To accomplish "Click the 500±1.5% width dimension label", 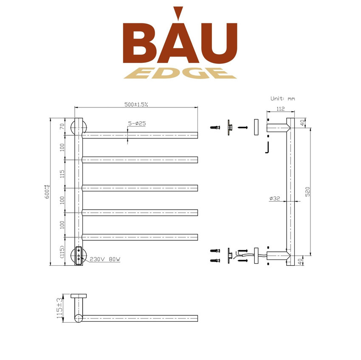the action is tap(136, 104).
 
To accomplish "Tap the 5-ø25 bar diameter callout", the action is tap(137, 124).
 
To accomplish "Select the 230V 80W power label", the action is tap(105, 259).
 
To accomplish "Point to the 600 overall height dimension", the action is tap(47, 191).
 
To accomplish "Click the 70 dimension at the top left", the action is tap(62, 127).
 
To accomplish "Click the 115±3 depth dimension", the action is tap(59, 308).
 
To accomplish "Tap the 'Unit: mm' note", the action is tap(282, 98).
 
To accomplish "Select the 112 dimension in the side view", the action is tap(280, 108).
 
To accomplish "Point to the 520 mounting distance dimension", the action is tap(307, 191).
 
